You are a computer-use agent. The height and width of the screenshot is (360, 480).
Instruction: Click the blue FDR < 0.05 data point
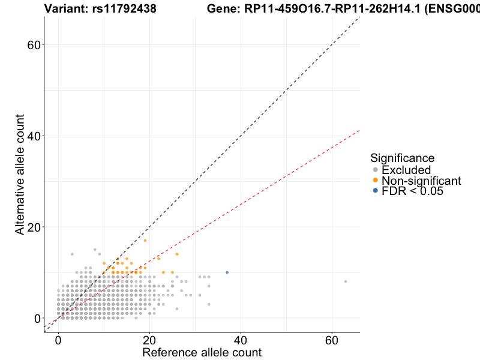click(x=227, y=272)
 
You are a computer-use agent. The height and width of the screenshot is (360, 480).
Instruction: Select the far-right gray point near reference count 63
click(x=346, y=281)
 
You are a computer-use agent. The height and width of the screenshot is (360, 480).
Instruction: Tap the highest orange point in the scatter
click(x=145, y=241)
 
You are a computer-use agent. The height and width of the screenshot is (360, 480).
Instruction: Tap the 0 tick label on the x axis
click(x=58, y=340)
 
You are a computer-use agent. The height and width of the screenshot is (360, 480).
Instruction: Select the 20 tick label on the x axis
click(x=149, y=340)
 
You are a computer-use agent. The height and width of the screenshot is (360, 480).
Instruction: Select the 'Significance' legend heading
click(x=402, y=158)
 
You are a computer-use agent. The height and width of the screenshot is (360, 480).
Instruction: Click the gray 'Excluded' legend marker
click(x=376, y=170)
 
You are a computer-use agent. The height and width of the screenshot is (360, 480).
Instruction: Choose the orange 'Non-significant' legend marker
click(x=376, y=181)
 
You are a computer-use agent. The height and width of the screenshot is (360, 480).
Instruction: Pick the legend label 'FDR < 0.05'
click(x=412, y=191)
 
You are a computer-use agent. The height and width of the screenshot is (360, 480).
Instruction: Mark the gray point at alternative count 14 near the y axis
click(x=72, y=254)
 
